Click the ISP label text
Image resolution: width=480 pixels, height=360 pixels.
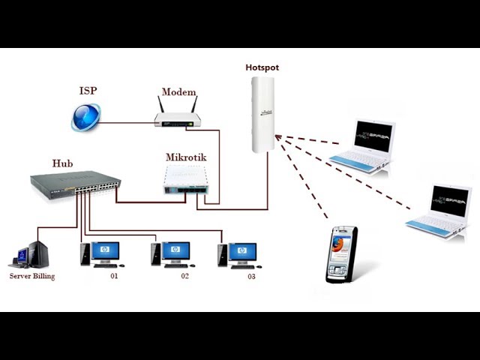pyautogui.click(x=88, y=91)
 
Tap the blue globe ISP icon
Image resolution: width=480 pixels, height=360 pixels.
pyautogui.click(x=86, y=117)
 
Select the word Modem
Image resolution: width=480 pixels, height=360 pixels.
pyautogui.click(x=178, y=91)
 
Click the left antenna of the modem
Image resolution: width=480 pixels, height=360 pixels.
pyautogui.click(x=161, y=104)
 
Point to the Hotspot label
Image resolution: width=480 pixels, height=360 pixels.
pyautogui.click(x=262, y=67)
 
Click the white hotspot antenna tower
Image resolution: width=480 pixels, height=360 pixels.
pyautogui.click(x=262, y=115)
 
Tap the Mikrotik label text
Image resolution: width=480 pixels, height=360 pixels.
pyautogui.click(x=186, y=157)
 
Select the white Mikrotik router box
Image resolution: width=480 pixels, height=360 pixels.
pyautogui.click(x=186, y=180)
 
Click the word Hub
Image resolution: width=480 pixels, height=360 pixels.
pyautogui.click(x=62, y=163)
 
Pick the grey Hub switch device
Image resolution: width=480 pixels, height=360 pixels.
pyautogui.click(x=75, y=185)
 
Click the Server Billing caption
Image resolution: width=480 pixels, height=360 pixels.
pyautogui.click(x=32, y=276)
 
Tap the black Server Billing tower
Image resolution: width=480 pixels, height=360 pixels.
pyautogui.click(x=38, y=253)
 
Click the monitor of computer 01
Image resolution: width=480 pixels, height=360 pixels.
pyautogui.click(x=105, y=251)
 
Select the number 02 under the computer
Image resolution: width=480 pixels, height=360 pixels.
pyautogui.click(x=184, y=276)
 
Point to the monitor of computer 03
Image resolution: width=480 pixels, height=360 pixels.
pyautogui.click(x=242, y=252)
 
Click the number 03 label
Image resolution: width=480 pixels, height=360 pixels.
pyautogui.click(x=251, y=277)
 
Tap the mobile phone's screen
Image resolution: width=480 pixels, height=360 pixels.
pyautogui.click(x=339, y=245)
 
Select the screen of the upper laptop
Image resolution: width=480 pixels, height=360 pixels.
pyautogui.click(x=373, y=136)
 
